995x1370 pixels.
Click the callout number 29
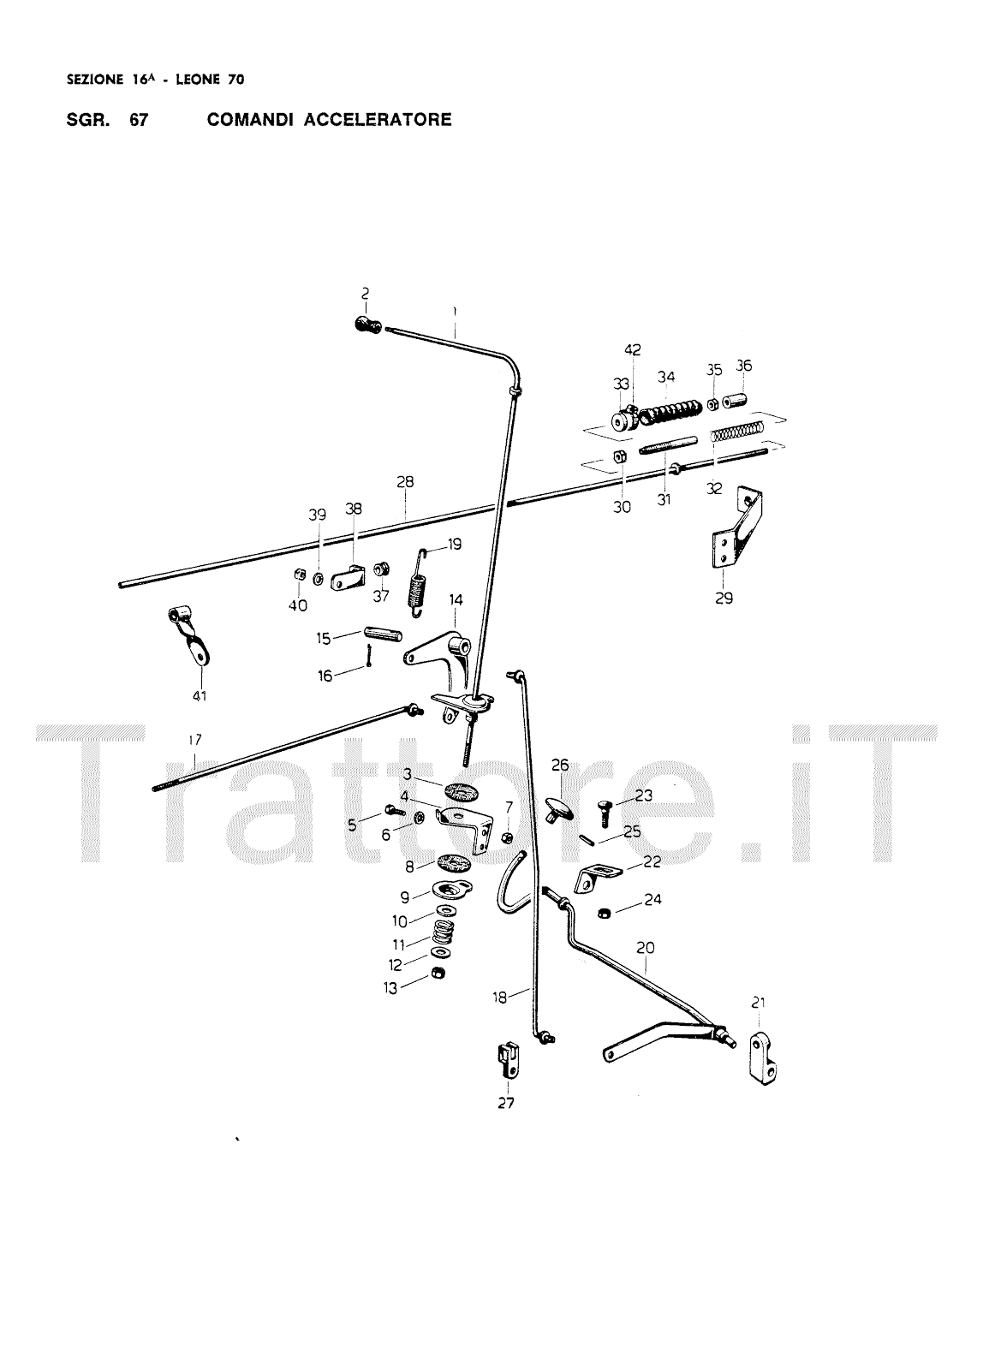pos(724,599)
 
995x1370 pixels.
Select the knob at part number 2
pos(366,325)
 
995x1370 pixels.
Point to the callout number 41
pos(200,696)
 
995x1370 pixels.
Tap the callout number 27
pos(506,1103)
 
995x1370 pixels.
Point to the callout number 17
pos(194,738)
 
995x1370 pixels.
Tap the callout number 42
pos(632,349)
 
